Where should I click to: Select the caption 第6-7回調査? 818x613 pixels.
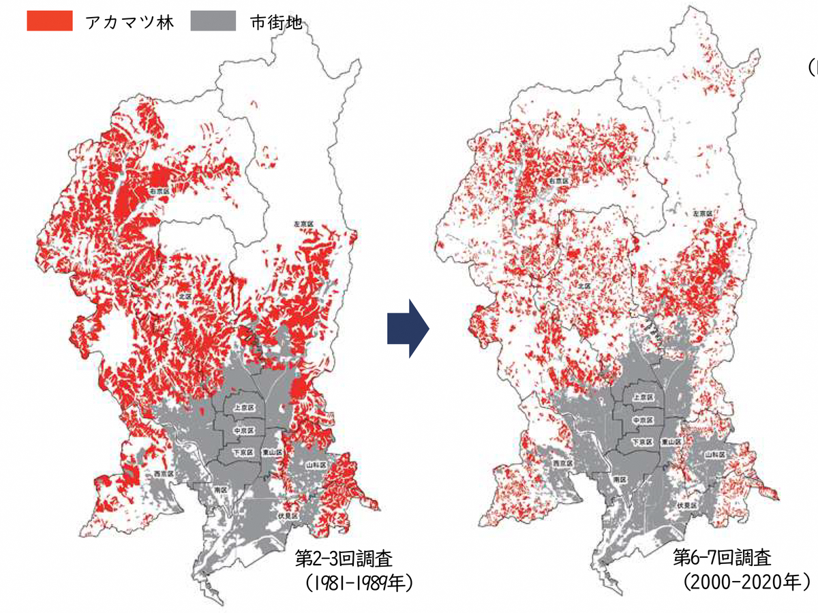(723, 559)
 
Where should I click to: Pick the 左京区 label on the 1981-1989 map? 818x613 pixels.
(298, 223)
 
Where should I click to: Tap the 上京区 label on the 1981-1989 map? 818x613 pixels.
(243, 409)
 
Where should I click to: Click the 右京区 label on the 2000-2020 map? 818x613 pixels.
(559, 182)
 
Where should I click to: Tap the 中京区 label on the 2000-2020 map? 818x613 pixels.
(643, 420)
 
